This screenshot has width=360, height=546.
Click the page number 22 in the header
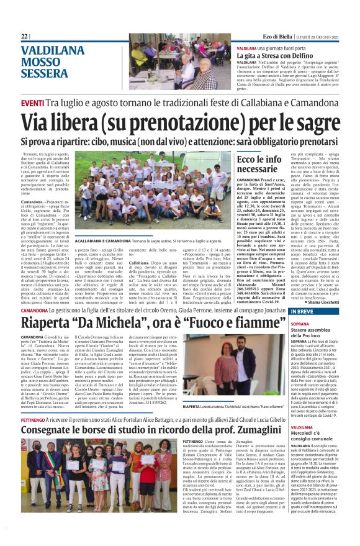[24, 36]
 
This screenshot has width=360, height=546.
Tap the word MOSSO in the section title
[43, 62]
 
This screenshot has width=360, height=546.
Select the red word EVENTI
[32, 102]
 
